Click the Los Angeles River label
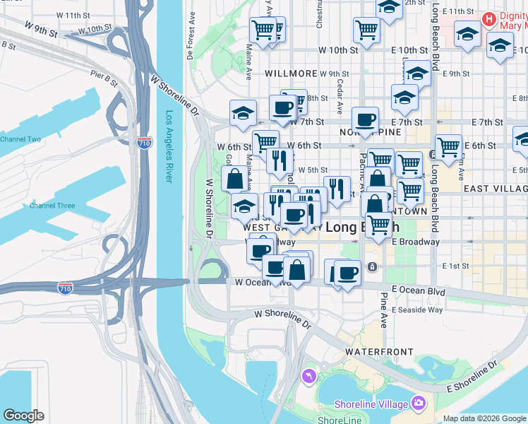pos(169,146)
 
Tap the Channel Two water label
pos(20,139)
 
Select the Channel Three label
pos(52,206)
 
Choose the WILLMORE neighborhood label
pos(290,73)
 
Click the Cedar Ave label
pos(340,97)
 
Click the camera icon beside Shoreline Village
pos(419,404)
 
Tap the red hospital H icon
pos(488,18)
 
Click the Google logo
pos(23,416)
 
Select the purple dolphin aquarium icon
pos(308,377)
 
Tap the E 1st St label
pos(455,266)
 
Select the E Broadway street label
pos(416,242)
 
